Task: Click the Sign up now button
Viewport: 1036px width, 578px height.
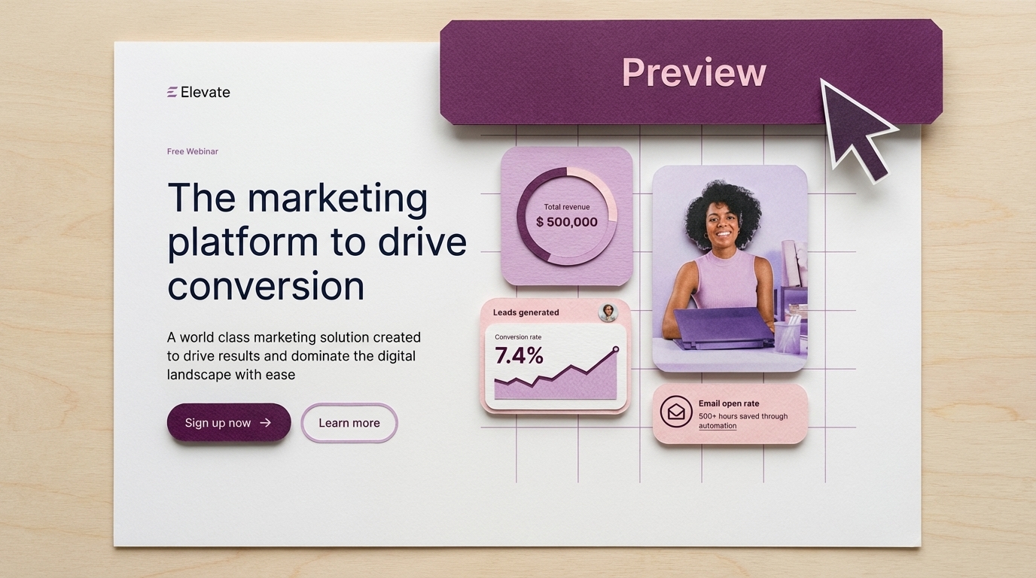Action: pyautogui.click(x=229, y=422)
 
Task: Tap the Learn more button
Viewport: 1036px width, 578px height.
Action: pyautogui.click(x=349, y=423)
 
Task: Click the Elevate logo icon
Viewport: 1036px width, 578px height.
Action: pyautogui.click(x=172, y=92)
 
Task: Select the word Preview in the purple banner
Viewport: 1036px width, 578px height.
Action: pyautogui.click(x=693, y=72)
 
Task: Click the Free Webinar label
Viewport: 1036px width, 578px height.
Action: pyautogui.click(x=193, y=151)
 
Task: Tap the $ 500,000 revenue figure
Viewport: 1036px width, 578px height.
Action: pyautogui.click(x=566, y=222)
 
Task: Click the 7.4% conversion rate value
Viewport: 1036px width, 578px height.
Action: pyautogui.click(x=519, y=355)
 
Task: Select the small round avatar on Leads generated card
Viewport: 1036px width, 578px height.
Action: pyautogui.click(x=608, y=312)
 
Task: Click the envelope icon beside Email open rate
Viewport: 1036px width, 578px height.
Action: pyautogui.click(x=675, y=411)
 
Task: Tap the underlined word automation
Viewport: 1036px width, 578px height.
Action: pyautogui.click(x=718, y=426)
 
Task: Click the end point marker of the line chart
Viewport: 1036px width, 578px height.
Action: pyautogui.click(x=616, y=349)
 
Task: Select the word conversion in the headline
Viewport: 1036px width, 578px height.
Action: pyautogui.click(x=266, y=287)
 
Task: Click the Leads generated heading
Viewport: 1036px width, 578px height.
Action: pyautogui.click(x=526, y=312)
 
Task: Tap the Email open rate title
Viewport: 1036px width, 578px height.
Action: pyautogui.click(x=729, y=403)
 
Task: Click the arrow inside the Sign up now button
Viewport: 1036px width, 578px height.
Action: pyautogui.click(x=266, y=423)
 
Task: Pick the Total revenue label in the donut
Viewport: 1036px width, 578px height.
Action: pyautogui.click(x=566, y=207)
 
